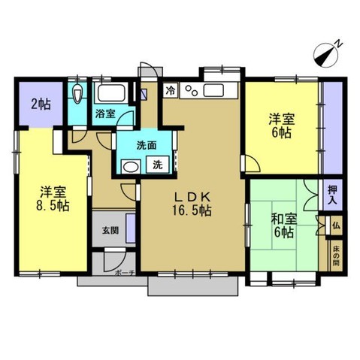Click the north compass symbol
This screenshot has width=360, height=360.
[326, 56]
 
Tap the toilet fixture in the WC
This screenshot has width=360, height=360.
[77, 93]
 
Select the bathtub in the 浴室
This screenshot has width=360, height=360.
[111, 93]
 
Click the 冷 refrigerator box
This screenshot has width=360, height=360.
[171, 90]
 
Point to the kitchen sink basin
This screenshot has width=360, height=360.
[213, 90]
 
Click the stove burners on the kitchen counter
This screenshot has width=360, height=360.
[192, 90]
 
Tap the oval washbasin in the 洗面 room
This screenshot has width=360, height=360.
[130, 166]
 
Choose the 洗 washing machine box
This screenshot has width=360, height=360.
[158, 165]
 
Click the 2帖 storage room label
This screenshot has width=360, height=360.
[41, 104]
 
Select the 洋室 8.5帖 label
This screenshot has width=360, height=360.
[53, 199]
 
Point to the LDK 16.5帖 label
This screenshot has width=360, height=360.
[192, 204]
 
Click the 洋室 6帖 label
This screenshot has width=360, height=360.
[282, 126]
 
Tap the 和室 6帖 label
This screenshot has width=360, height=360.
[284, 225]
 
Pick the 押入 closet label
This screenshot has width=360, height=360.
[332, 195]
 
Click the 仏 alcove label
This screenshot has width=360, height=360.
[336, 225]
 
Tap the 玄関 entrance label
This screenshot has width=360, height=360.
[110, 230]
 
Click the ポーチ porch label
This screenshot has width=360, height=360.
[125, 273]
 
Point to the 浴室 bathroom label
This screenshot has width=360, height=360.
[105, 114]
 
